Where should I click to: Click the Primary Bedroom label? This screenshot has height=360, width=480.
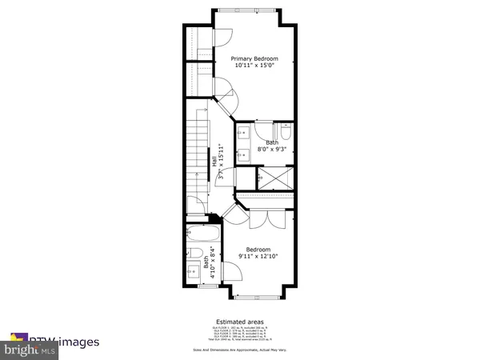point(255,58)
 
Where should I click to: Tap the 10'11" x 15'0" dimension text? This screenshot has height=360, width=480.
point(255,66)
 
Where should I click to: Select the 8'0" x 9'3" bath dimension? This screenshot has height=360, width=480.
point(272,150)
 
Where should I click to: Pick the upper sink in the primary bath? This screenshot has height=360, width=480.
point(242,132)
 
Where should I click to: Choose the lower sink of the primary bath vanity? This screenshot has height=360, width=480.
point(242,151)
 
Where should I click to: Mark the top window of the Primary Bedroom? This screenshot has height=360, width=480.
point(248,9)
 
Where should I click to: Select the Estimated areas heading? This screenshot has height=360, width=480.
point(239,322)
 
